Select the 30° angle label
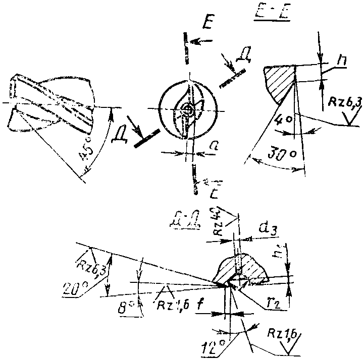pos(275,155)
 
